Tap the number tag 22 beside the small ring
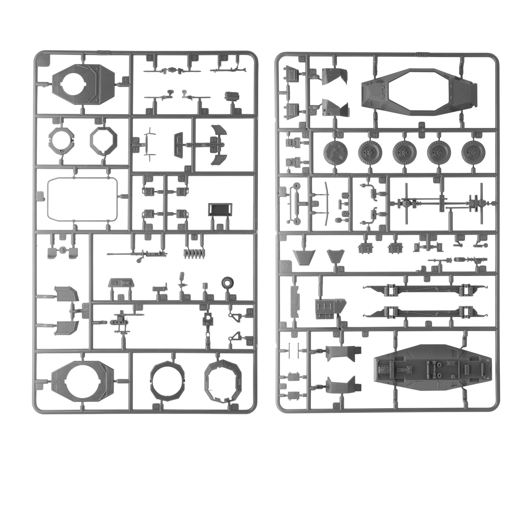tap(232, 298)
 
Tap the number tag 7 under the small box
tap(238, 111)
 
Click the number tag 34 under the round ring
tap(156, 406)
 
